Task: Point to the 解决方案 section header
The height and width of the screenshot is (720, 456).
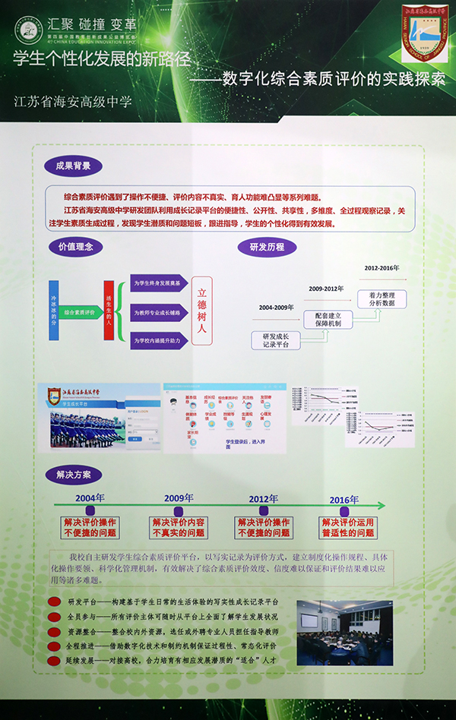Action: (73, 475)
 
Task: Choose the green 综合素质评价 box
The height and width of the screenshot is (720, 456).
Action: (79, 312)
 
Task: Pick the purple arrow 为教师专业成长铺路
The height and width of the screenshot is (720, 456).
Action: (158, 312)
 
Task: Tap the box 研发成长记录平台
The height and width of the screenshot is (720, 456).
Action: (275, 339)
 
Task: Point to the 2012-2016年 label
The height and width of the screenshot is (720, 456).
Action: (382, 268)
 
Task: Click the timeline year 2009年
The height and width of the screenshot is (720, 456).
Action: (179, 498)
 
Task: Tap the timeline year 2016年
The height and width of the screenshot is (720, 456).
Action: (344, 499)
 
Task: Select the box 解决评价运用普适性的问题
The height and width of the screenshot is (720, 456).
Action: (347, 528)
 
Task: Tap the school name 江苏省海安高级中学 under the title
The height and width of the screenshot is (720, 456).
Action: (73, 101)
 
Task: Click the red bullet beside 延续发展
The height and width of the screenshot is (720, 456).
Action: (55, 661)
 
